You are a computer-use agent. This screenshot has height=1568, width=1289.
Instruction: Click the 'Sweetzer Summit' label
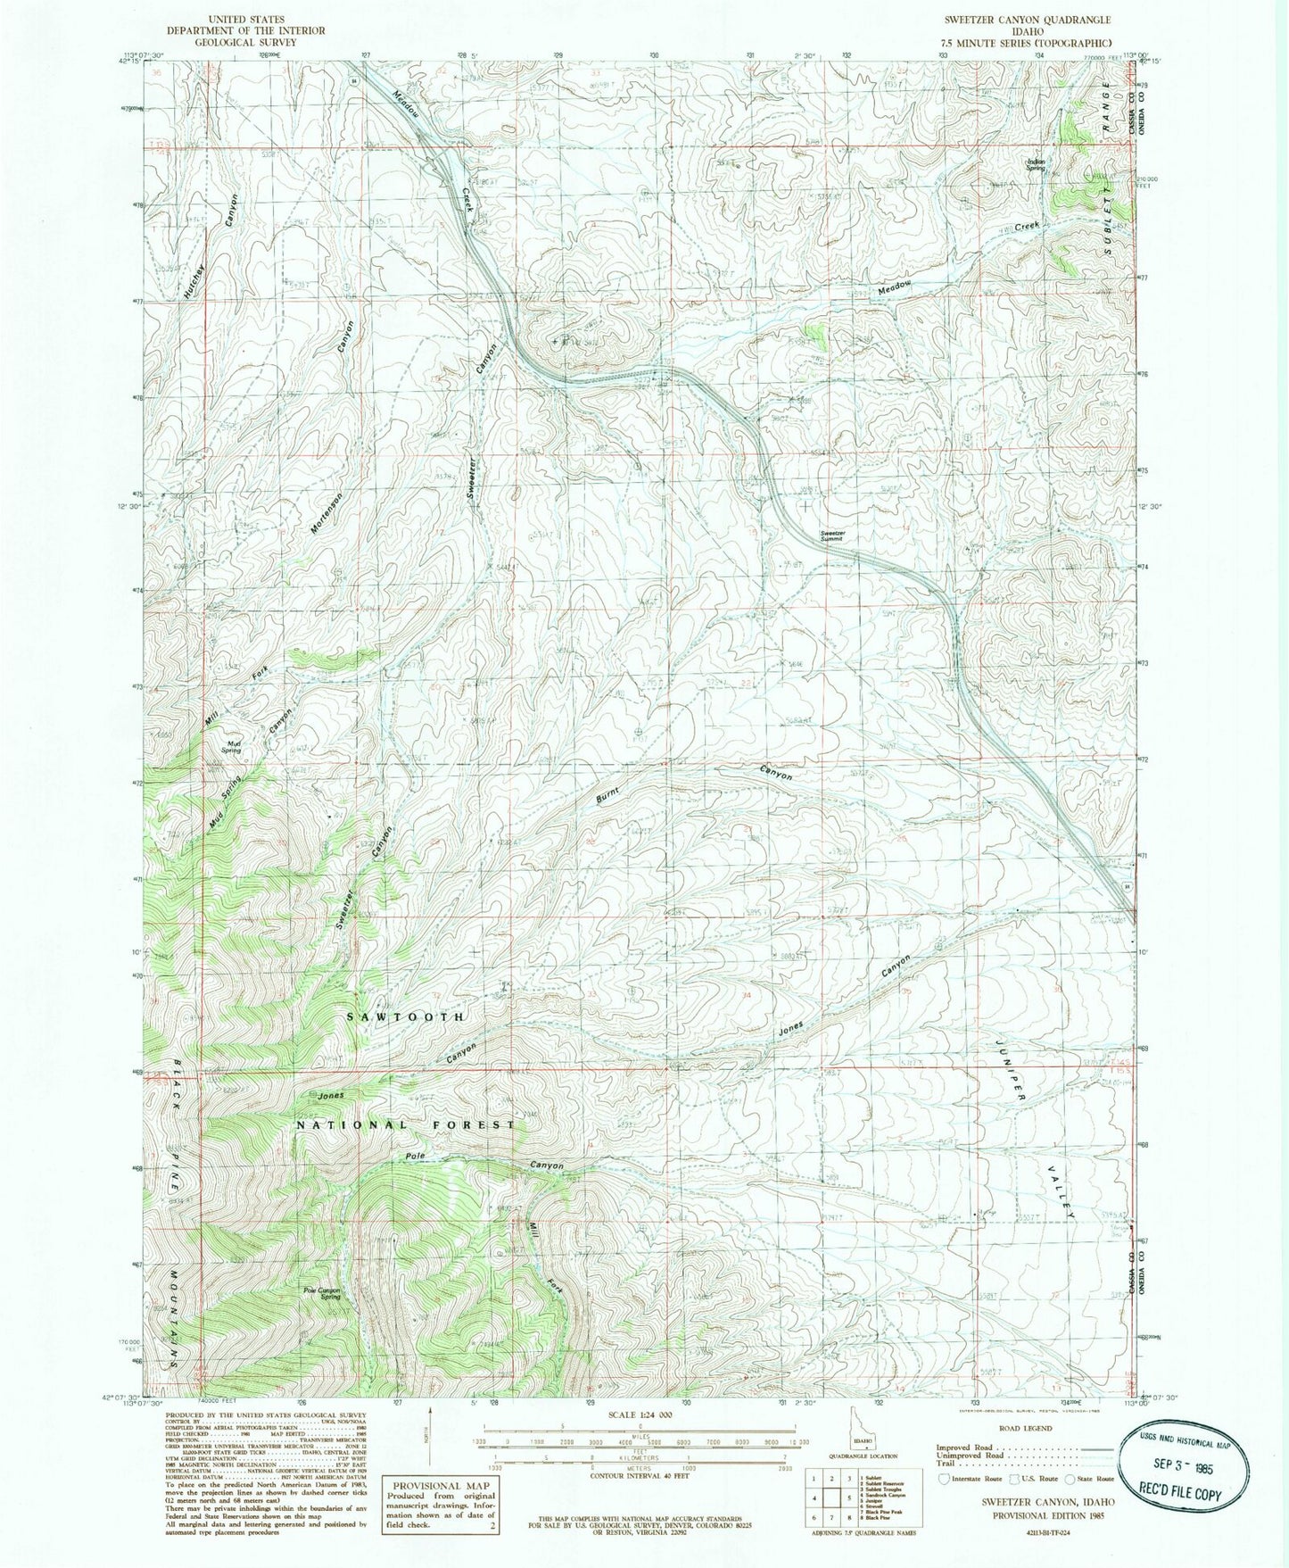point(839,536)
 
